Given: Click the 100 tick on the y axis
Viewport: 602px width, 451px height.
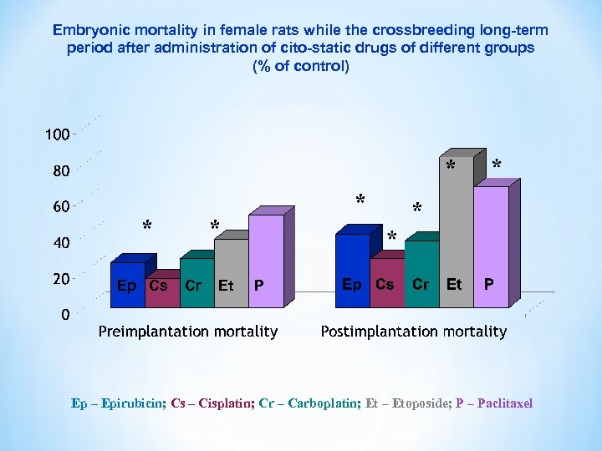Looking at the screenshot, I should click(x=57, y=134).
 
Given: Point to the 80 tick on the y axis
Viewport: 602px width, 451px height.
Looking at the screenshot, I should click(x=57, y=171).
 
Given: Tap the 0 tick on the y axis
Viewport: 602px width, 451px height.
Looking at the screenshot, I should click(x=64, y=316).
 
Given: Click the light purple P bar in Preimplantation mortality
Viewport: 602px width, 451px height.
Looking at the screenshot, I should click(x=265, y=251).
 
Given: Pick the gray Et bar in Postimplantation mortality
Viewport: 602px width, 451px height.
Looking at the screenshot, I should click(x=455, y=217).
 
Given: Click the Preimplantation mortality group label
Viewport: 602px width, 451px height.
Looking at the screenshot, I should click(x=188, y=332).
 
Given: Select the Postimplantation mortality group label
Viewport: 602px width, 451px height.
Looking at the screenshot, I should click(x=414, y=332).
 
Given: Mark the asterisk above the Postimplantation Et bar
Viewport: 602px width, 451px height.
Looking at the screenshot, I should click(x=451, y=166).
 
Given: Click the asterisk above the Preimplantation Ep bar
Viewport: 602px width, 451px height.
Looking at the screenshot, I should click(x=147, y=226).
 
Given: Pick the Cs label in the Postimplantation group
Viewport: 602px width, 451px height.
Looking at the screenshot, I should click(x=385, y=284).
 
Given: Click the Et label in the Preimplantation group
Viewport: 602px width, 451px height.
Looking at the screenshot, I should click(x=226, y=286).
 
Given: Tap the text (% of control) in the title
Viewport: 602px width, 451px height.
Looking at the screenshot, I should click(x=301, y=66).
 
